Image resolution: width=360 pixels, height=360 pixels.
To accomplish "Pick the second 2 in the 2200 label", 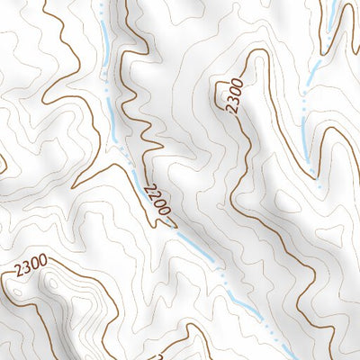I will pyautogui.click(x=152, y=193).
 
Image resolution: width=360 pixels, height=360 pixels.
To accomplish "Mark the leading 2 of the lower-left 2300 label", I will pyautogui.click(x=16, y=270).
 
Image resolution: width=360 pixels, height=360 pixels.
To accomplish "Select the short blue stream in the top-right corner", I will pyautogui.click(x=331, y=13).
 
